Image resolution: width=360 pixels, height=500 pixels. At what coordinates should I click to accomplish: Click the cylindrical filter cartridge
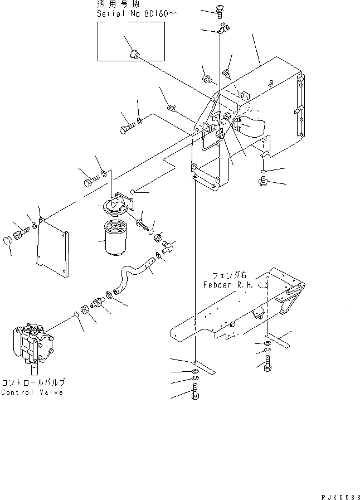(119, 239)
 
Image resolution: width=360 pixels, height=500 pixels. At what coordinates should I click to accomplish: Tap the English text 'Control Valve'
(32, 392)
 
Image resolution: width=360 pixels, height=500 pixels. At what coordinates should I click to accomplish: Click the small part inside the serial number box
(134, 54)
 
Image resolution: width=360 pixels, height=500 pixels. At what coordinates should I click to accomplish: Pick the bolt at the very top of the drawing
(221, 9)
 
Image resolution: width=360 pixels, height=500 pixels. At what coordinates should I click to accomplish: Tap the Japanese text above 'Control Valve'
(33, 383)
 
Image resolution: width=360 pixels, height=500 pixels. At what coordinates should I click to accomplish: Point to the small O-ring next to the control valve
(74, 315)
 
